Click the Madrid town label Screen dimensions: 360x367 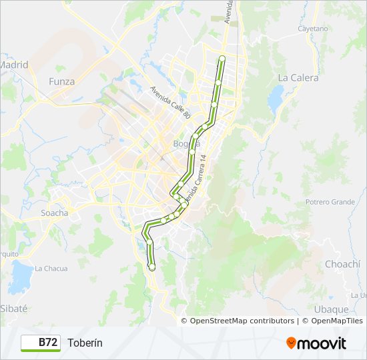tap(14, 65)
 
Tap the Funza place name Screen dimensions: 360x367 tap(62, 81)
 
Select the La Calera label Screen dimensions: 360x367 tap(298, 77)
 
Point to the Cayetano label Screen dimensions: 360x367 tap(313, 29)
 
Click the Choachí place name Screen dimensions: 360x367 tap(342, 264)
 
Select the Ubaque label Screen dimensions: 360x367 tap(331, 309)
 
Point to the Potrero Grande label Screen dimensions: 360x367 tap(330, 202)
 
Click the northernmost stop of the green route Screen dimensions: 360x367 tap(222, 59)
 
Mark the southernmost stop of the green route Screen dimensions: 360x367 tap(152, 267)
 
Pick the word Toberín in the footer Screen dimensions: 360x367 tap(85, 343)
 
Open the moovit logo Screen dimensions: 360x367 tap(316, 343)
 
